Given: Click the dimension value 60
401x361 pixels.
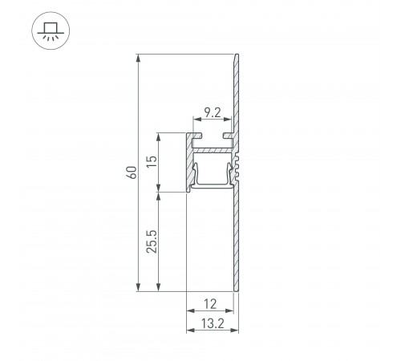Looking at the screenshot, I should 131,172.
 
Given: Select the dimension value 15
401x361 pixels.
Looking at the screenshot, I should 151,163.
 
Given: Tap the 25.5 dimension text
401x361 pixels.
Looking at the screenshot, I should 151,241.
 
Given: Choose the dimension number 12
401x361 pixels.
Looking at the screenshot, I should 209,305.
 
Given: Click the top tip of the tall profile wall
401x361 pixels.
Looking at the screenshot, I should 237,55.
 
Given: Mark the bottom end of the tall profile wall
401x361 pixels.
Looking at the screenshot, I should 237,290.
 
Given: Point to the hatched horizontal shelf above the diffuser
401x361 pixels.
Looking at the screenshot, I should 212,150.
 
